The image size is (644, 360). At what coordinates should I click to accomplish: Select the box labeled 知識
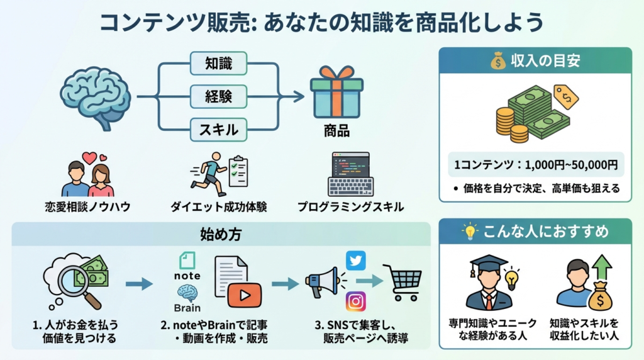pyautogui.click(x=218, y=63)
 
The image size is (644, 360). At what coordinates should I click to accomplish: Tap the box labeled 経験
pyautogui.click(x=218, y=96)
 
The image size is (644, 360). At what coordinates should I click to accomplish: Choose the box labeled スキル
pyautogui.click(x=218, y=130)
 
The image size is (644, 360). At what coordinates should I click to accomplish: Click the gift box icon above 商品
pyautogui.click(x=336, y=93)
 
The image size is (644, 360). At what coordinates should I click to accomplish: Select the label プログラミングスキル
pyautogui.click(x=350, y=206)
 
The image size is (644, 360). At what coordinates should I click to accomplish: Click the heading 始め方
pyautogui.click(x=220, y=235)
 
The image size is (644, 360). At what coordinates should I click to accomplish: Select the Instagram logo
pyautogui.click(x=355, y=302)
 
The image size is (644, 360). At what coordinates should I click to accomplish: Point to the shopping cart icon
pyautogui.click(x=402, y=283)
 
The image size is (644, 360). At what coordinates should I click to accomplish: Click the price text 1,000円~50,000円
pyautogui.click(x=535, y=166)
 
